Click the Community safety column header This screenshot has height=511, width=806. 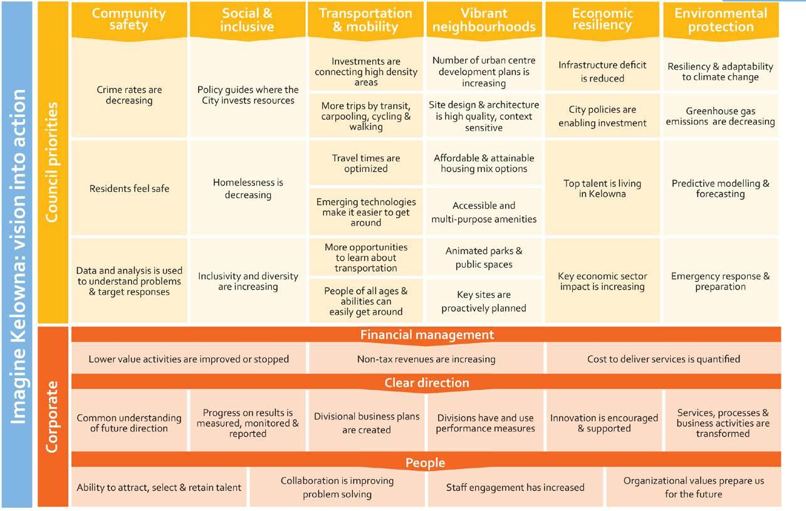[128, 19]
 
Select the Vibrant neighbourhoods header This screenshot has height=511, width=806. [484, 20]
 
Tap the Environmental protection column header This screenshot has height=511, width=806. [721, 19]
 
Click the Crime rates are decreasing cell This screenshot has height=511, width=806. [129, 95]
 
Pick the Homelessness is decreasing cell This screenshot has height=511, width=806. [248, 188]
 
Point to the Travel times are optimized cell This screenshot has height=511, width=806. [366, 163]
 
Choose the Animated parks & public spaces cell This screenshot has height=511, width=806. [484, 257]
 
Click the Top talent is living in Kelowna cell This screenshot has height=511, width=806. [602, 188]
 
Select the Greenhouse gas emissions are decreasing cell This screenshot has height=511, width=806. [721, 116]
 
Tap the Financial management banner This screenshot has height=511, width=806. [426, 335]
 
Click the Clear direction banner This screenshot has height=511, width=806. [426, 382]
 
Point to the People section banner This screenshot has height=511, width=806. [426, 463]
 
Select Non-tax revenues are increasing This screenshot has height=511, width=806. [426, 359]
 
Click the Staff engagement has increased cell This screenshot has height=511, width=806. [515, 487]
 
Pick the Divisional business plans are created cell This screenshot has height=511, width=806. [367, 423]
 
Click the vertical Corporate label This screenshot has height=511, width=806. [53, 416]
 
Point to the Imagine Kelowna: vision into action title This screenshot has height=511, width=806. [19, 256]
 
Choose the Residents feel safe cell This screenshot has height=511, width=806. [129, 188]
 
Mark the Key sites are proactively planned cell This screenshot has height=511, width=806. [484, 301]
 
